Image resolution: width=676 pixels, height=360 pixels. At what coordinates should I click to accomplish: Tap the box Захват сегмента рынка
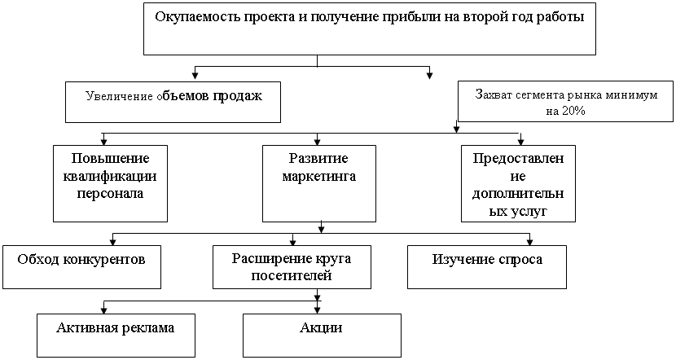pyautogui.click(x=565, y=102)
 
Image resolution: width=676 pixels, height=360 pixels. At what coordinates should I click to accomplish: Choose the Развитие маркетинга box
pyautogui.click(x=318, y=183)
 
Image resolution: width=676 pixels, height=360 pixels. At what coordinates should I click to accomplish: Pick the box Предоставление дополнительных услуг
pyautogui.click(x=518, y=183)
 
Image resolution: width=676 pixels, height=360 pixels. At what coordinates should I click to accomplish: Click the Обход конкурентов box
pyautogui.click(x=81, y=266)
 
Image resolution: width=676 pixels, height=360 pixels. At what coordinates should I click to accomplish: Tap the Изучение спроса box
pyautogui.click(x=486, y=266)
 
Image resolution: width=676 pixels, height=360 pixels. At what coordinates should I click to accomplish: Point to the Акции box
pyautogui.click(x=322, y=335)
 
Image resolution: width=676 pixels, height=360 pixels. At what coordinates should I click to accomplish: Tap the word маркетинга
pyautogui.click(x=319, y=174)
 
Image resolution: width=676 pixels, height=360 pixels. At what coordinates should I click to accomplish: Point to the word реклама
pyautogui.click(x=147, y=328)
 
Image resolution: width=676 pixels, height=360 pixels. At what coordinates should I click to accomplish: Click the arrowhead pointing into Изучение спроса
pyautogui.click(x=530, y=239)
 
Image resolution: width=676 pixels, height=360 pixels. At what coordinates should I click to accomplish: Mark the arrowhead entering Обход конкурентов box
pyautogui.click(x=112, y=239)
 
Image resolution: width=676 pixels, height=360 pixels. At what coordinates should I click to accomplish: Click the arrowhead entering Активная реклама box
pyautogui.click(x=103, y=308)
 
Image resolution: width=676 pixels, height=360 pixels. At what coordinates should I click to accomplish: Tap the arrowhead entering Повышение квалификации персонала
pyautogui.click(x=103, y=139)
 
